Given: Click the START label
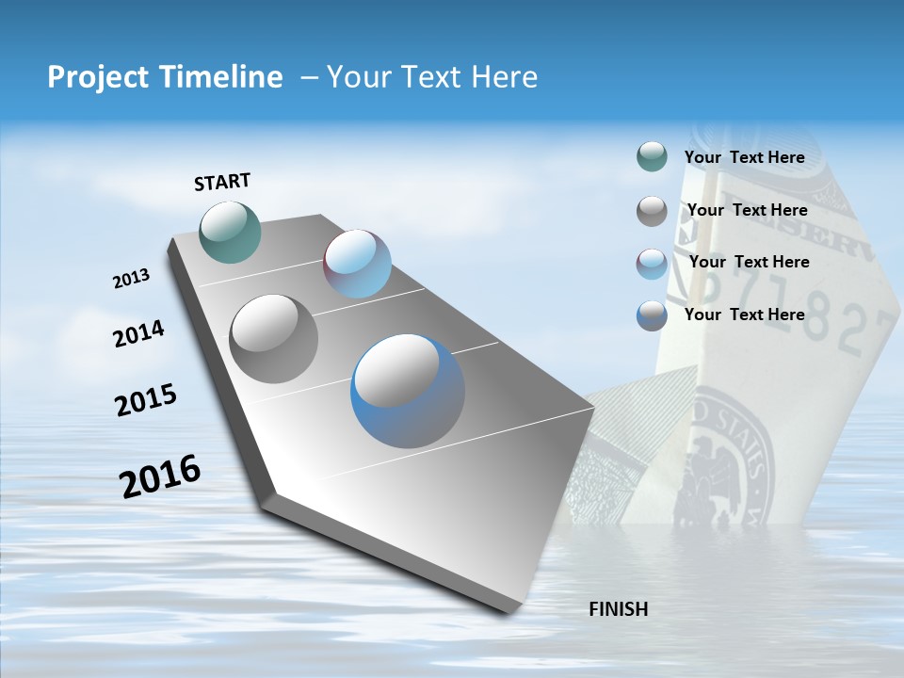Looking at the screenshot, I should tap(222, 182).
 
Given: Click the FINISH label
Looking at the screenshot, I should tap(619, 609).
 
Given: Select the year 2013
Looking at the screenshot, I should tap(131, 278).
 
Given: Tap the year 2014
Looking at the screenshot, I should tap(138, 333).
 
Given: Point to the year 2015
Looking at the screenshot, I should tap(146, 399).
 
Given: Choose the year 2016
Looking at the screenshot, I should tap(160, 476).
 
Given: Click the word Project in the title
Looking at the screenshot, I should tap(95, 77).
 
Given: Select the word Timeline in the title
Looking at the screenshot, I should tap(222, 77).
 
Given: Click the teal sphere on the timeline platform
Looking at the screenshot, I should tap(230, 232).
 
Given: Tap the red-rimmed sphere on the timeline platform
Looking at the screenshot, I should tap(357, 264).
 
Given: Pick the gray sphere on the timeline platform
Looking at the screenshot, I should tap(274, 338).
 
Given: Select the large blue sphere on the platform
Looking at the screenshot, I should tap(408, 391).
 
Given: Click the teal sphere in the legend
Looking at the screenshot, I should tap(652, 157).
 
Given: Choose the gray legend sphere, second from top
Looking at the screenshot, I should tap(652, 211).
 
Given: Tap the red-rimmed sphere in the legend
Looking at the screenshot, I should tap(652, 264).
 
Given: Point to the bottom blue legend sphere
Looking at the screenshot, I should tap(652, 315).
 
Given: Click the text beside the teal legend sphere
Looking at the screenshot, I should tap(744, 157).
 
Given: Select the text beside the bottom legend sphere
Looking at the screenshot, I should tap(744, 315).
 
